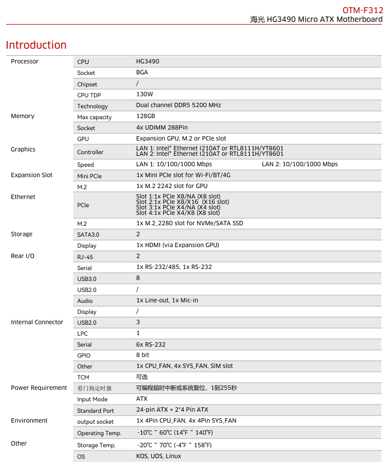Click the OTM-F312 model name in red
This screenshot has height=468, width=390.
coord(363,10)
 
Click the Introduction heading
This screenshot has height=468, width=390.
coord(36,45)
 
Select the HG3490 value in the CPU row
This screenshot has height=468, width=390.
coord(147,62)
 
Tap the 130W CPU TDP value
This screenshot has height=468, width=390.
coord(145,95)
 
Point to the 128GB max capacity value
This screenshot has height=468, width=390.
coord(145,116)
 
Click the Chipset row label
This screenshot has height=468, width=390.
coord(87,84)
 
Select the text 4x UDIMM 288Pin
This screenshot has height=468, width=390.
coord(162,127)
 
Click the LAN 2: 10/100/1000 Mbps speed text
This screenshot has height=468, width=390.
coord(299,164)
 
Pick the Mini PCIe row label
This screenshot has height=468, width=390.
coord(89,176)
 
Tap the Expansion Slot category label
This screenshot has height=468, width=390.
coord(32,175)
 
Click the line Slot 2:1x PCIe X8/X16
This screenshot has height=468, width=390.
coord(182,202)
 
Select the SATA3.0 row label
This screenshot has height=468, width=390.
coord(88,235)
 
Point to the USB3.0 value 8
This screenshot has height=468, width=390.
coord(138,278)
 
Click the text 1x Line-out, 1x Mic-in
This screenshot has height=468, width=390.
coord(167,300)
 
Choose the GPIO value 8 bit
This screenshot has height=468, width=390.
coord(143,355)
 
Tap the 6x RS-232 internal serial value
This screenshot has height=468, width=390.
coord(151,344)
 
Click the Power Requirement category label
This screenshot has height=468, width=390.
coord(39,388)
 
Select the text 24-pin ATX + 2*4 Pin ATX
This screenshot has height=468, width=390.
coord(172,409)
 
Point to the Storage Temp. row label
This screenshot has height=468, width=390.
coord(96,445)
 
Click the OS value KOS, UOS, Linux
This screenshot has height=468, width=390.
coord(158,456)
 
